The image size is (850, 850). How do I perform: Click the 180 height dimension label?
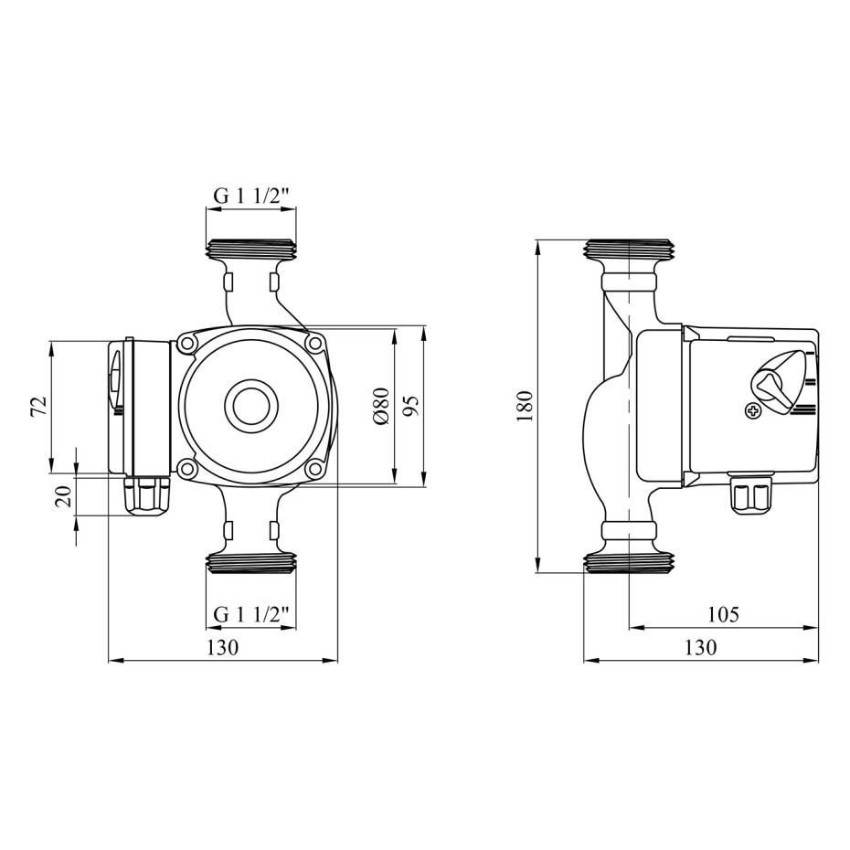526,406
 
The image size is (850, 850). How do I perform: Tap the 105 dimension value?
723,614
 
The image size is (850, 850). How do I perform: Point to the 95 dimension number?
411,406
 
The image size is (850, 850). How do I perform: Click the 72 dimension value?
38,407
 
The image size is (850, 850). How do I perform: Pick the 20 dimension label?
63,496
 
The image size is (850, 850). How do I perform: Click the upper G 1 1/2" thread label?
251,196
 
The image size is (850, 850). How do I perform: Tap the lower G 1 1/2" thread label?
251,615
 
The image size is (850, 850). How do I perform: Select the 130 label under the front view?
222,647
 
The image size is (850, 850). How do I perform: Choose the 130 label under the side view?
700,647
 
